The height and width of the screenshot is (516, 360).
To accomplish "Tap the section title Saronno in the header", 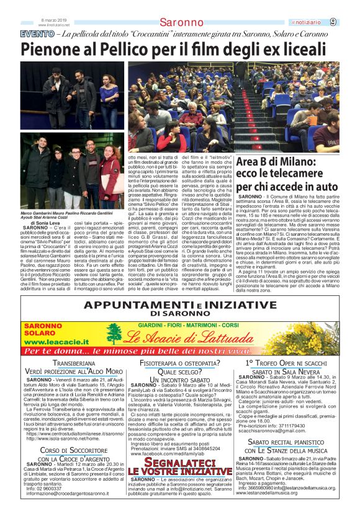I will click(x=181, y=23).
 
